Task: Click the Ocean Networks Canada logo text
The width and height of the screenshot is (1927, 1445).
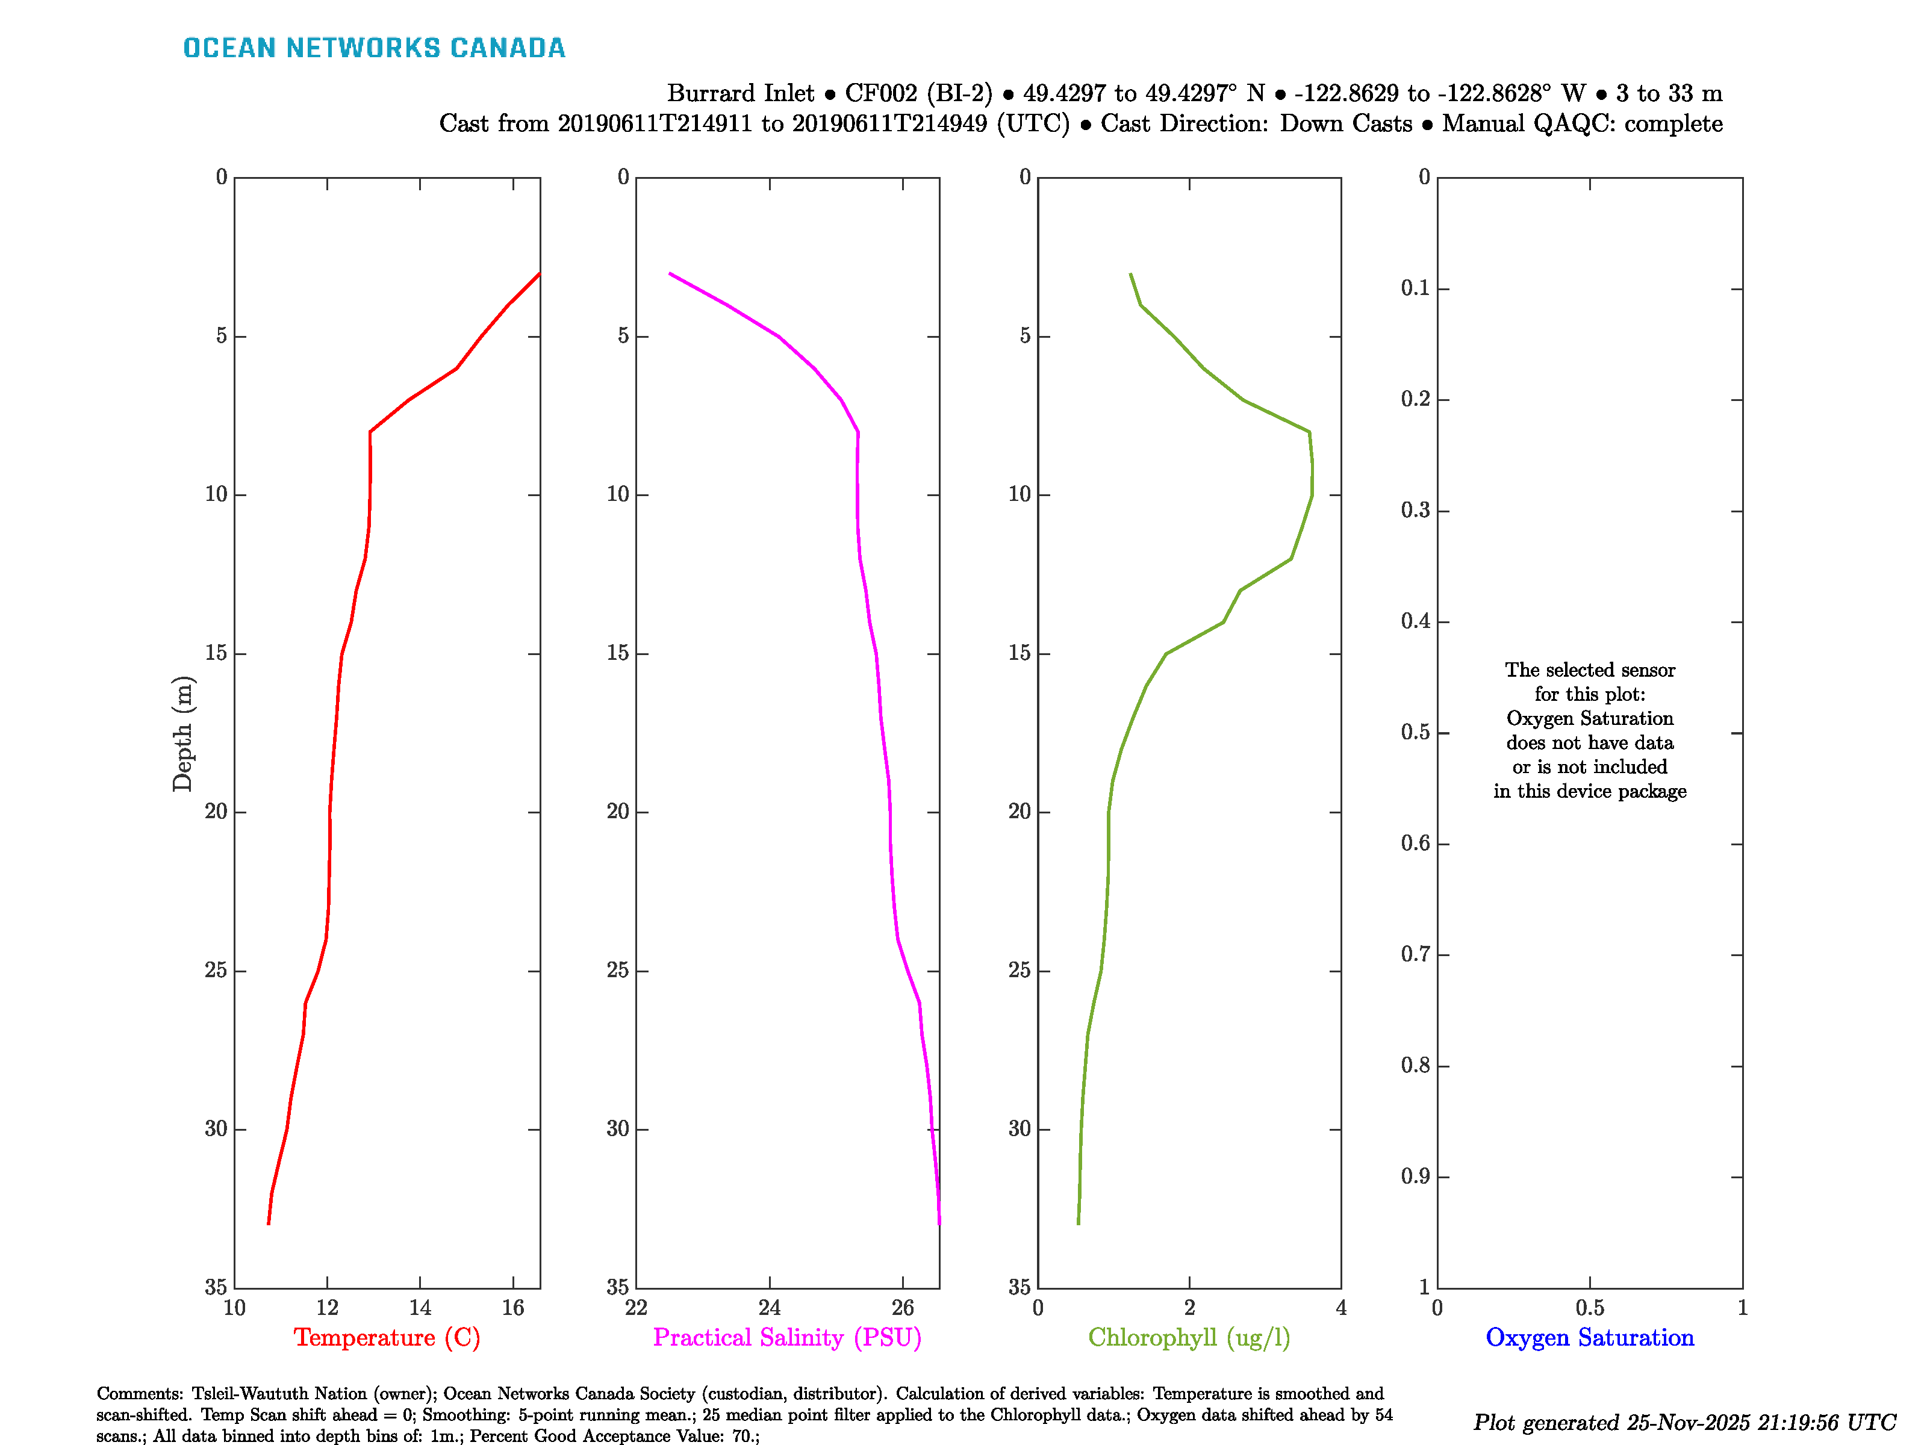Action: click(x=374, y=48)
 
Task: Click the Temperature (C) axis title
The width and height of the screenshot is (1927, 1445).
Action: click(x=387, y=1338)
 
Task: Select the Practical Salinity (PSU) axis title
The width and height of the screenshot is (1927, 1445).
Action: click(x=786, y=1338)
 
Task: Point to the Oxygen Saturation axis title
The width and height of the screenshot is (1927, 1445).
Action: click(x=1589, y=1338)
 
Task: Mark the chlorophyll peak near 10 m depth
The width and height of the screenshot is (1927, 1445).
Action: click(x=1312, y=479)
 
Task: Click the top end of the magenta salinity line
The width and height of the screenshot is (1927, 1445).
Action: click(x=669, y=273)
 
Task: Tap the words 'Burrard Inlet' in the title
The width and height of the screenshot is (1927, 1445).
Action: click(x=741, y=93)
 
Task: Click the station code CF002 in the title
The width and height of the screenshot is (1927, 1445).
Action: click(x=882, y=93)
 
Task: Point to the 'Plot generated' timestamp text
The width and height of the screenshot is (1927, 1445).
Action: click(x=1684, y=1422)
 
